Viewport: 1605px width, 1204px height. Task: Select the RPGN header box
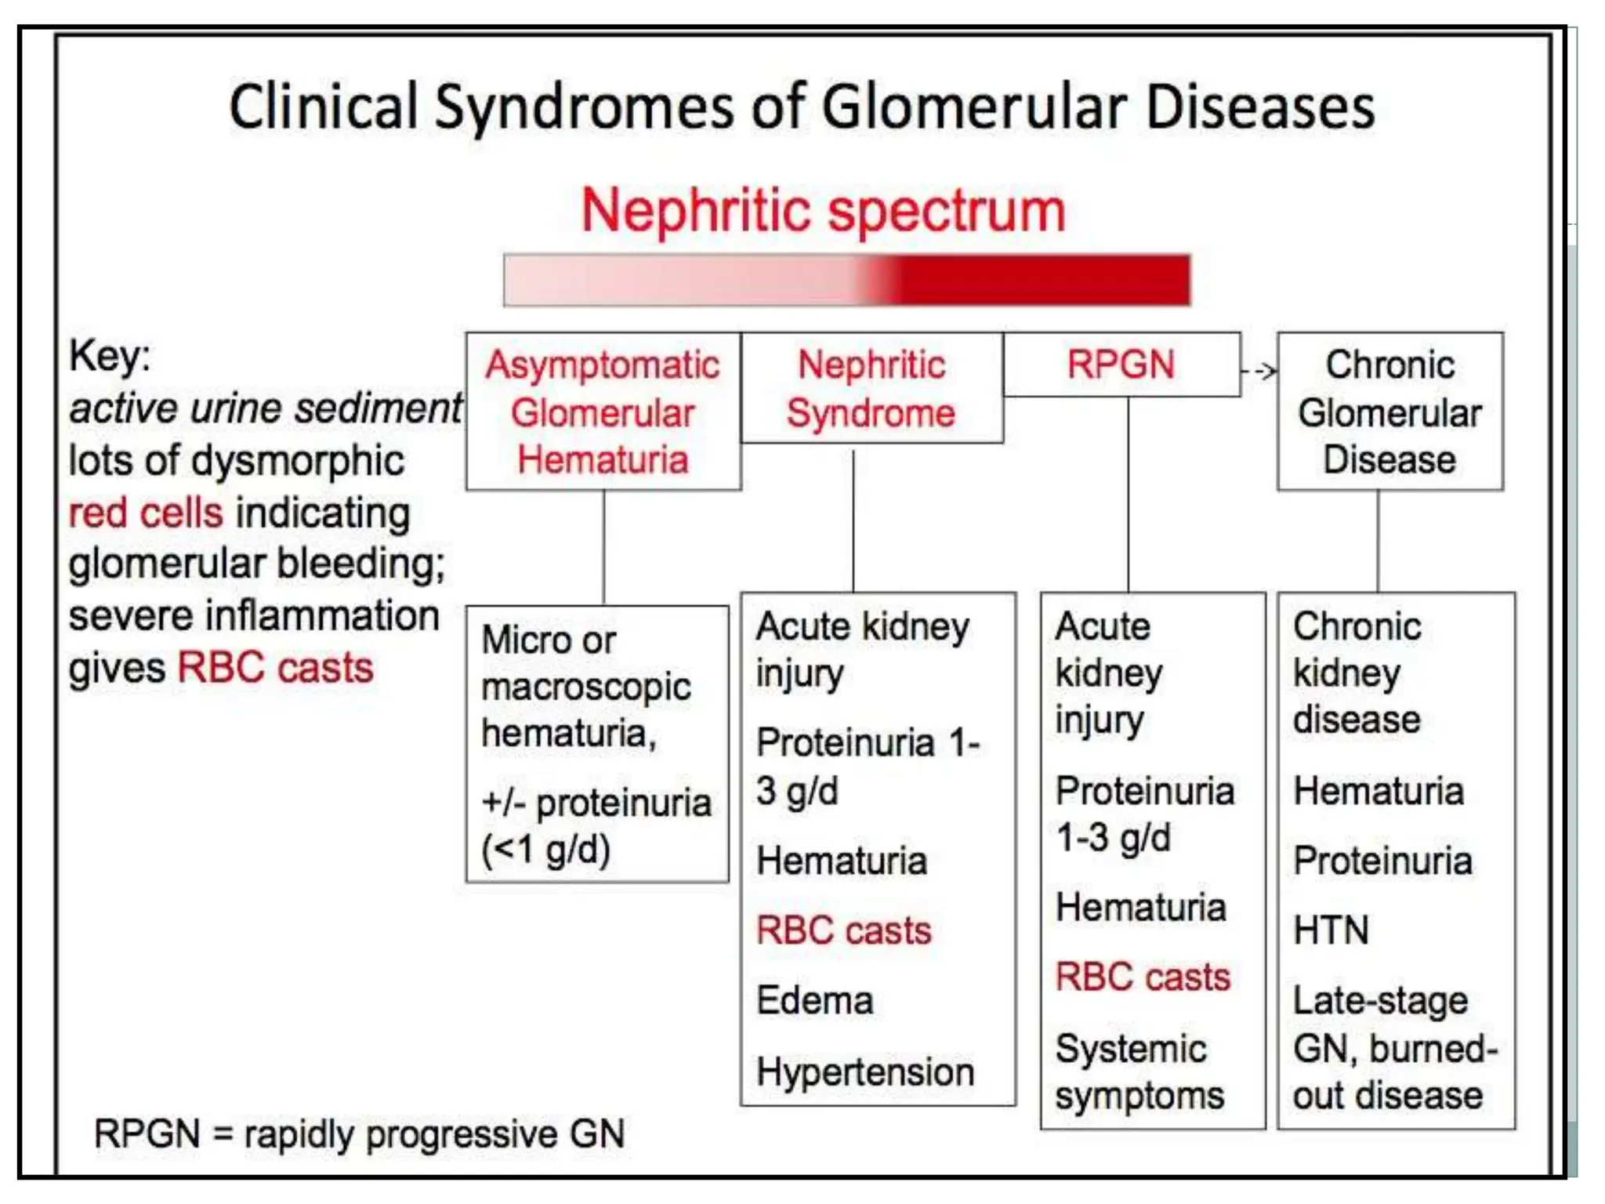coord(1121,364)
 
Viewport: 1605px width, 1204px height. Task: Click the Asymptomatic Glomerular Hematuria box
coord(603,412)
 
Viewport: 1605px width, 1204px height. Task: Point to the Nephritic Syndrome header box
coord(871,389)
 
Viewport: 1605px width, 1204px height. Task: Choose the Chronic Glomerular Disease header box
coord(1389,412)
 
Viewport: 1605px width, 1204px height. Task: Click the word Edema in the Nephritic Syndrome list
coord(814,1001)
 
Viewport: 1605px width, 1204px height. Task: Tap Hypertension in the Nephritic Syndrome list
coord(865,1072)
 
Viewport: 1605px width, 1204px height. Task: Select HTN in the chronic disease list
coord(1331,930)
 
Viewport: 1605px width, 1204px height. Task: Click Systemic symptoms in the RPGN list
coord(1139,1072)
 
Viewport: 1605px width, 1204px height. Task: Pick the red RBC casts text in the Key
coord(276,668)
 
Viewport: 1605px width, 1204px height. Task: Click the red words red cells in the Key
coord(146,513)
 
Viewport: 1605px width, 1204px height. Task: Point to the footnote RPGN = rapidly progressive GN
coord(359,1133)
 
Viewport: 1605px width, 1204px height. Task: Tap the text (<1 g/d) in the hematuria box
coord(545,849)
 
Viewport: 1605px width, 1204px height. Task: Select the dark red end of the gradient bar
coord(1097,279)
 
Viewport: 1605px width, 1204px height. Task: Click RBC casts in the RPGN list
coord(1143,977)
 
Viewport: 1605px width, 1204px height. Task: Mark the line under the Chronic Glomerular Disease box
coord(1378,541)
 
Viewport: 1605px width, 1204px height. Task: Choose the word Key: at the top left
coord(110,356)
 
